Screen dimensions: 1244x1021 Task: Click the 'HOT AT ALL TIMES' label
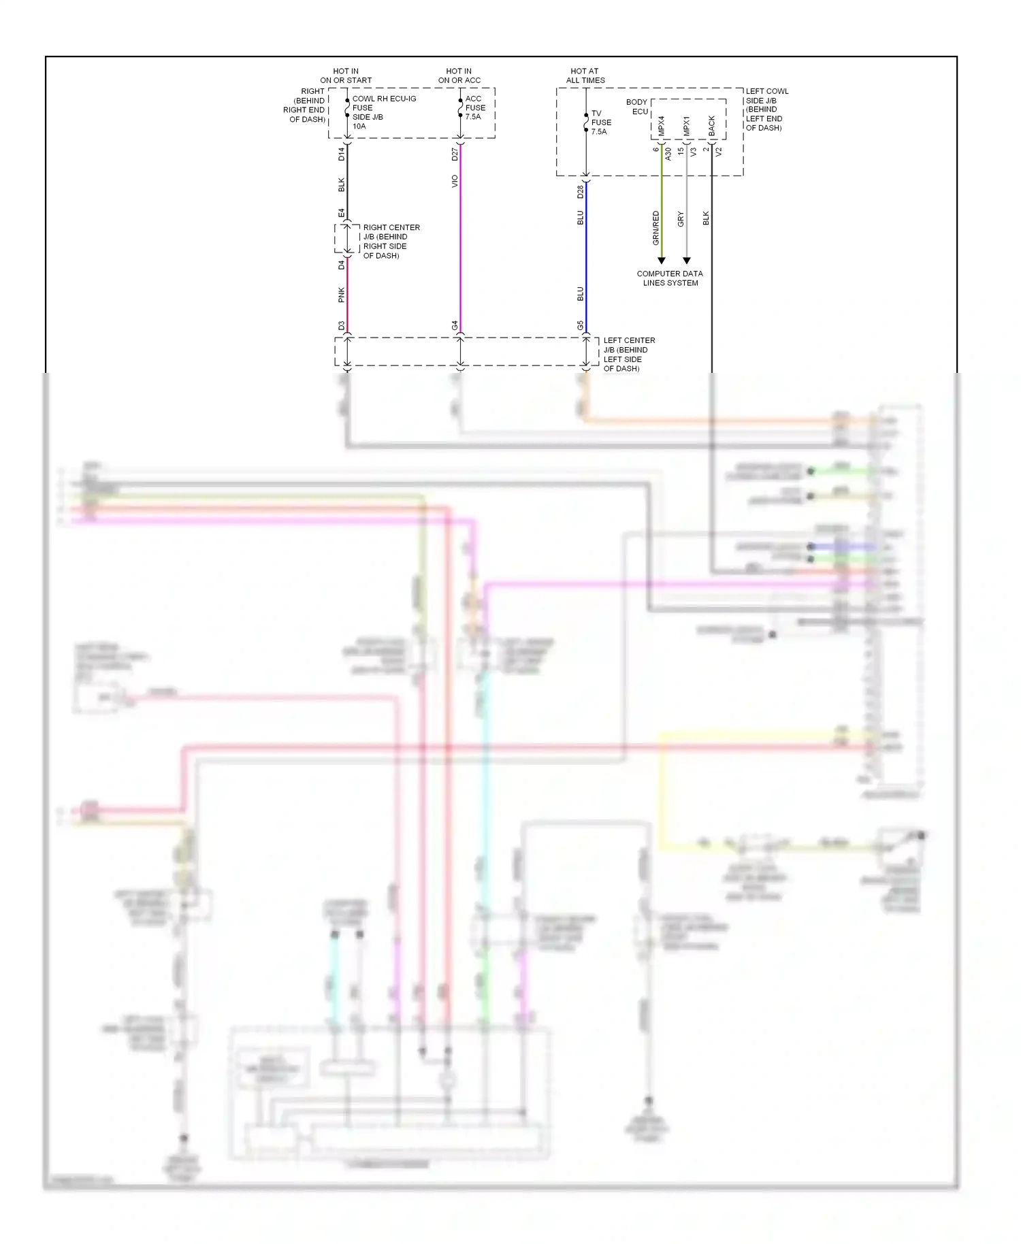585,76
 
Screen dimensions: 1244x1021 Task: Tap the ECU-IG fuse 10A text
383,112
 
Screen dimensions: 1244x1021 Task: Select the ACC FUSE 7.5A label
475,108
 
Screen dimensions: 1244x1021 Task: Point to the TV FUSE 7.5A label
600,122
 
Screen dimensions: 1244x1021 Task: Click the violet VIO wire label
455,182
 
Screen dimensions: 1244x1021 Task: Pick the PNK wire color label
342,295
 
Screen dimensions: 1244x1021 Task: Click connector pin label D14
342,154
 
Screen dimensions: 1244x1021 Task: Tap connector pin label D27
455,154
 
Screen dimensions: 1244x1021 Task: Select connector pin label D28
581,192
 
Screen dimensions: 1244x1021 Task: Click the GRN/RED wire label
656,228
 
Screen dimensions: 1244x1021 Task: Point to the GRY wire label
681,219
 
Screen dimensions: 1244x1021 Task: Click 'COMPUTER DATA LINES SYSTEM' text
670,278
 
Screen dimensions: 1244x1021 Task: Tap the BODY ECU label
638,107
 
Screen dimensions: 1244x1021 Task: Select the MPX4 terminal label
662,126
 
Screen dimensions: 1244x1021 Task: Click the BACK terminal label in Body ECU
712,126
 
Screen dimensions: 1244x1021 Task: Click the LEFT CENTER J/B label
628,354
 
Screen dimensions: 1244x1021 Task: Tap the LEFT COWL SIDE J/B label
766,109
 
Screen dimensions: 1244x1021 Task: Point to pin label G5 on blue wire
581,325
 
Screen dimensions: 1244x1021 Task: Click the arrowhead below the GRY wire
687,261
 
